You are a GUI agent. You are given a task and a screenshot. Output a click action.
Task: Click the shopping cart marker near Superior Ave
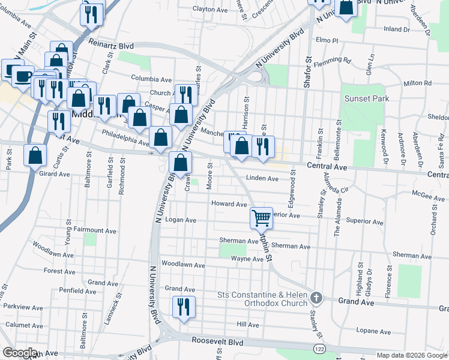click(x=261, y=217)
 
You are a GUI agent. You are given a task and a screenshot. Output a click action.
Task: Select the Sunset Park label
click(x=366, y=98)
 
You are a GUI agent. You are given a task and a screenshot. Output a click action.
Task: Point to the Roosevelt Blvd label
click(x=218, y=340)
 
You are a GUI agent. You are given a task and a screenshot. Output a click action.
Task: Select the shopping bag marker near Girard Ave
click(x=35, y=155)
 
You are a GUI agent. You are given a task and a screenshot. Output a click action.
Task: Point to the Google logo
click(x=20, y=353)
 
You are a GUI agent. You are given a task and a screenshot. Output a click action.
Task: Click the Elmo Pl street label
click(x=327, y=41)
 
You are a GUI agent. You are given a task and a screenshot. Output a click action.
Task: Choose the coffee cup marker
click(x=23, y=76)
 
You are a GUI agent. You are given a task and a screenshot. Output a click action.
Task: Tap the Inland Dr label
click(x=396, y=29)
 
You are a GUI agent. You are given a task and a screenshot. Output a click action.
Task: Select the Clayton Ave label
click(x=211, y=9)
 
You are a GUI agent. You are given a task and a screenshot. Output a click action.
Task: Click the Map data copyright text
click(x=411, y=355)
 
